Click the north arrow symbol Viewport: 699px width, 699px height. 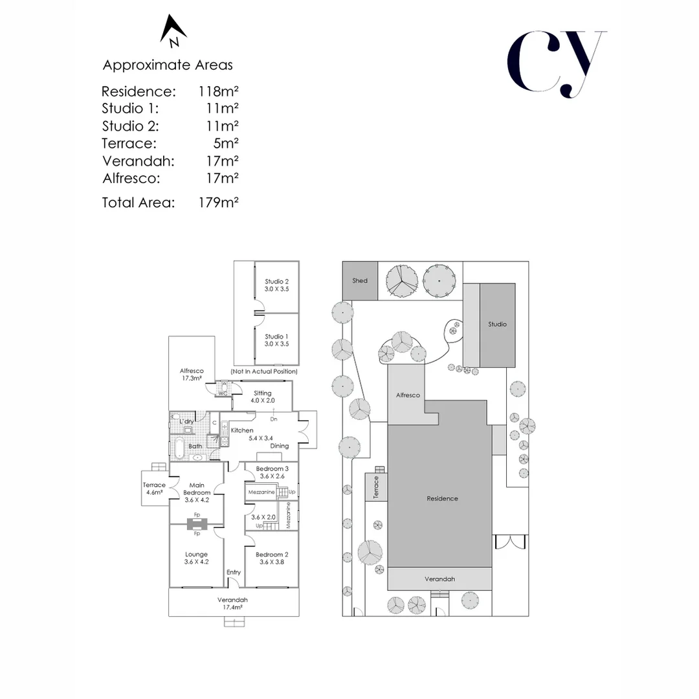click(x=173, y=30)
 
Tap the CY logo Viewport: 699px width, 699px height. click(x=557, y=63)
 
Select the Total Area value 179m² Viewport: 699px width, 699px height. click(x=219, y=203)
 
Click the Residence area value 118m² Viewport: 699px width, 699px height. click(x=219, y=91)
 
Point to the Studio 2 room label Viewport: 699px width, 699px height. click(x=277, y=285)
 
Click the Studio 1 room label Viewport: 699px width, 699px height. click(x=277, y=340)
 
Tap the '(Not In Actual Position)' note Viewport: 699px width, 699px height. click(x=264, y=372)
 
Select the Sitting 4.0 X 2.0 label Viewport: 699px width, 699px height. click(x=263, y=397)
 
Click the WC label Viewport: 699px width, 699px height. click(x=223, y=394)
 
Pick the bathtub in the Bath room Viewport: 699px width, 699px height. click(x=179, y=448)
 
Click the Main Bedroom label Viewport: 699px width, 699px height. click(x=197, y=493)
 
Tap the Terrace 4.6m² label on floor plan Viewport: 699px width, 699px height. click(x=154, y=489)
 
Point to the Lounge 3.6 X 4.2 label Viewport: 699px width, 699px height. click(x=197, y=558)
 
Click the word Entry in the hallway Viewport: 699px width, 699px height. click(x=234, y=572)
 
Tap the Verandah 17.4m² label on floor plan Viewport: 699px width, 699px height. click(x=232, y=604)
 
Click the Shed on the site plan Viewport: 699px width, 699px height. click(x=360, y=280)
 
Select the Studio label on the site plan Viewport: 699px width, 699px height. click(x=498, y=324)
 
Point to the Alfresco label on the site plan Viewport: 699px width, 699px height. click(x=408, y=395)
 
